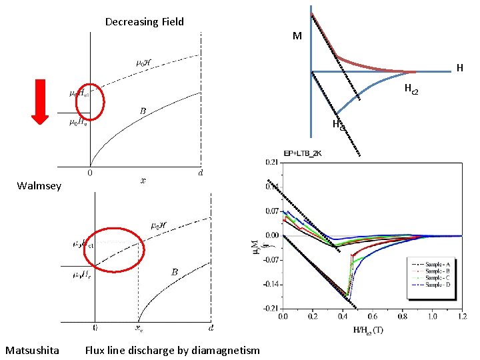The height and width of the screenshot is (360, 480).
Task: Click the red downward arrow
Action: [40, 101]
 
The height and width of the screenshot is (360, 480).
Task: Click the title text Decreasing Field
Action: [145, 22]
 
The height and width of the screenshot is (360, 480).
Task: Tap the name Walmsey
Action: [39, 186]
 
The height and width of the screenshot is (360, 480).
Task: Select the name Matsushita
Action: [32, 350]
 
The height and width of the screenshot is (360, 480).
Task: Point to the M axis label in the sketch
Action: [297, 36]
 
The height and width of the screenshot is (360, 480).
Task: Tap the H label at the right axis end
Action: [459, 68]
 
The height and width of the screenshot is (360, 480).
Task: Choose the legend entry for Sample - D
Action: [436, 285]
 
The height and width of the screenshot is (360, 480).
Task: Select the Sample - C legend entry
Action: [436, 277]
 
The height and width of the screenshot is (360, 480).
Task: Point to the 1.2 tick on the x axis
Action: [462, 316]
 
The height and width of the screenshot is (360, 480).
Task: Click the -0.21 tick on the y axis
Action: [271, 309]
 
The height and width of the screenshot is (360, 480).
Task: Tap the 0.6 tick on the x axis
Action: [373, 316]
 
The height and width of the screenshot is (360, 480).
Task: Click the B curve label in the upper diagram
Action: [143, 110]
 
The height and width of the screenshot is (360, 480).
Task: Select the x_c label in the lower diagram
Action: [139, 329]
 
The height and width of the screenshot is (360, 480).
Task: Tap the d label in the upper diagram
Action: [200, 173]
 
